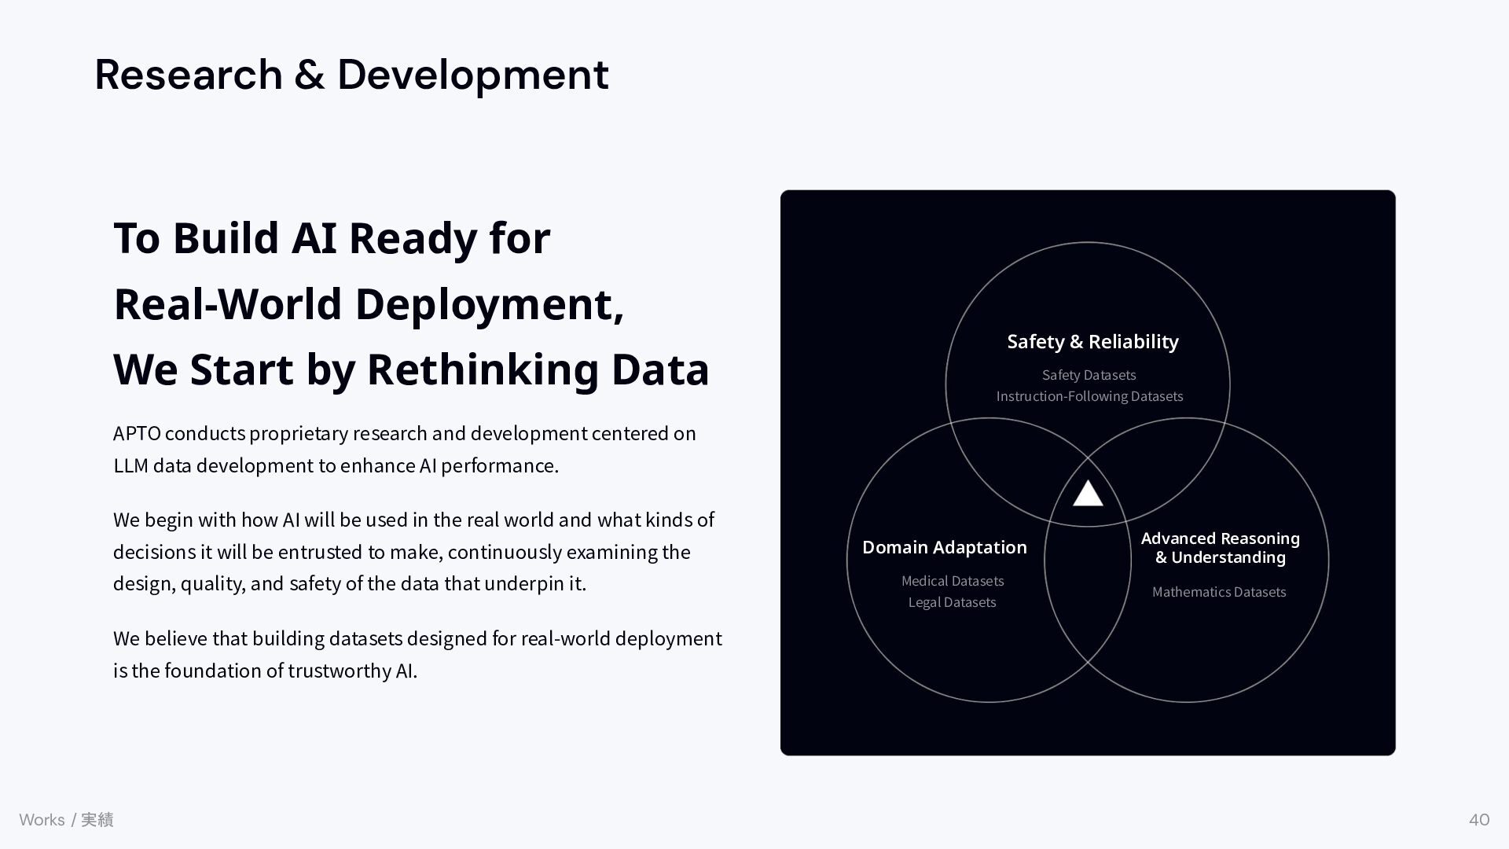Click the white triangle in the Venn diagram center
pos(1088,494)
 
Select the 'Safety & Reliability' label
pos(1092,342)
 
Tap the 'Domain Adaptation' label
pos(944,547)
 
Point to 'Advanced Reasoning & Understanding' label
pos(1220,548)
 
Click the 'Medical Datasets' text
pos(953,581)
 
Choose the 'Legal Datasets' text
pos(952,602)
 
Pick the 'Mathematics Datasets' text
pos(1219,592)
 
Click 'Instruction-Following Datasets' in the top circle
pos(1089,396)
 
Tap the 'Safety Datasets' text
pos(1089,375)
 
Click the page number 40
pos(1479,820)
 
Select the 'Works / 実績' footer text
pos(66,820)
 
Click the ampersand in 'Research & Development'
pos(310,75)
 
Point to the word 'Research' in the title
pos(189,75)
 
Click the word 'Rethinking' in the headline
pos(483,369)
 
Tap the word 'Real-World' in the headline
pos(229,303)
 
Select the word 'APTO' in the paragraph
pos(137,434)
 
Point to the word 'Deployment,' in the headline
pos(490,305)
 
